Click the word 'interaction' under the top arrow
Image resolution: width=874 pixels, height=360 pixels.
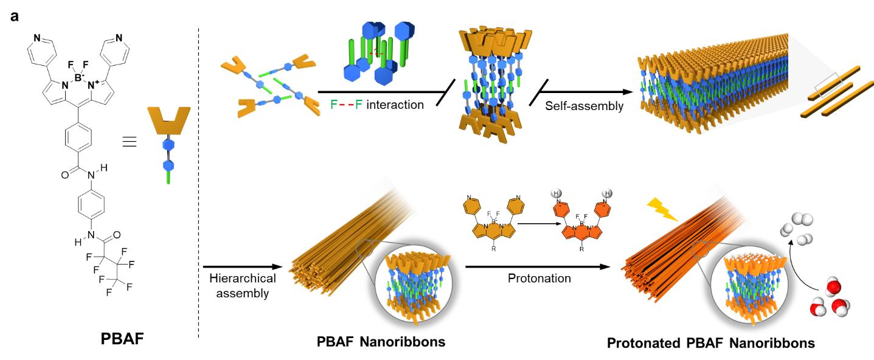click(x=394, y=105)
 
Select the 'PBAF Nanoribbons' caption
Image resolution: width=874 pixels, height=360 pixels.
click(x=381, y=342)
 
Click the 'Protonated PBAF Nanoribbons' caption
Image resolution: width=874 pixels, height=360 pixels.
click(x=711, y=343)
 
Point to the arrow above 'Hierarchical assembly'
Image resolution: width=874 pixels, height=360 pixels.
click(x=242, y=266)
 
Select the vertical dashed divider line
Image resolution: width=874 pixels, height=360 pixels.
click(x=199, y=182)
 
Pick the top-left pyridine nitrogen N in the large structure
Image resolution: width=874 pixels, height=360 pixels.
click(x=37, y=38)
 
